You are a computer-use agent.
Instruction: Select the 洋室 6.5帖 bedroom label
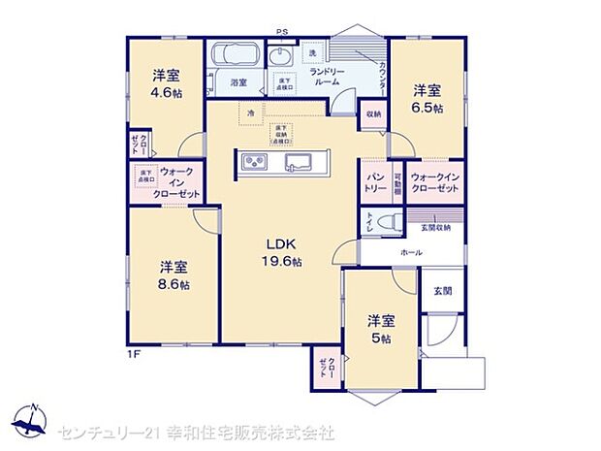point(427,99)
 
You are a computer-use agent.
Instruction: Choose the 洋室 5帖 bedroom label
point(379,329)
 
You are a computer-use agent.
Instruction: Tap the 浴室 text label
point(237,83)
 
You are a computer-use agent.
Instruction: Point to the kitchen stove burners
point(255,161)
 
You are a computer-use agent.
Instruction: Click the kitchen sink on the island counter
point(298,162)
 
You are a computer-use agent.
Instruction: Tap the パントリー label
point(375,182)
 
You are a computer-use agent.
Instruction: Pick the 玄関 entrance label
point(441,290)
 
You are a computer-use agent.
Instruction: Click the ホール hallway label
point(411,251)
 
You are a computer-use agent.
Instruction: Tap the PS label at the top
point(282,32)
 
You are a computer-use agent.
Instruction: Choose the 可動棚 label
point(397,182)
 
